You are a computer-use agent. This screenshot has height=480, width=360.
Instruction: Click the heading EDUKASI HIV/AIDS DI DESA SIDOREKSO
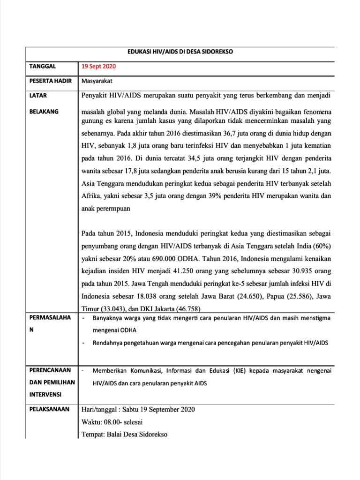coord(180,52)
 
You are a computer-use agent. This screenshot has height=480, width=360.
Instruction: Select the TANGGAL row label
coord(43,66)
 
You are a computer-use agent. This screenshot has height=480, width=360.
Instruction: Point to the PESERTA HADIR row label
coord(51,81)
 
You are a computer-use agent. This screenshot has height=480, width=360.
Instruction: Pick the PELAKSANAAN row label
coord(49,409)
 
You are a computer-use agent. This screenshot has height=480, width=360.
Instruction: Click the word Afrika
coord(92,196)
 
